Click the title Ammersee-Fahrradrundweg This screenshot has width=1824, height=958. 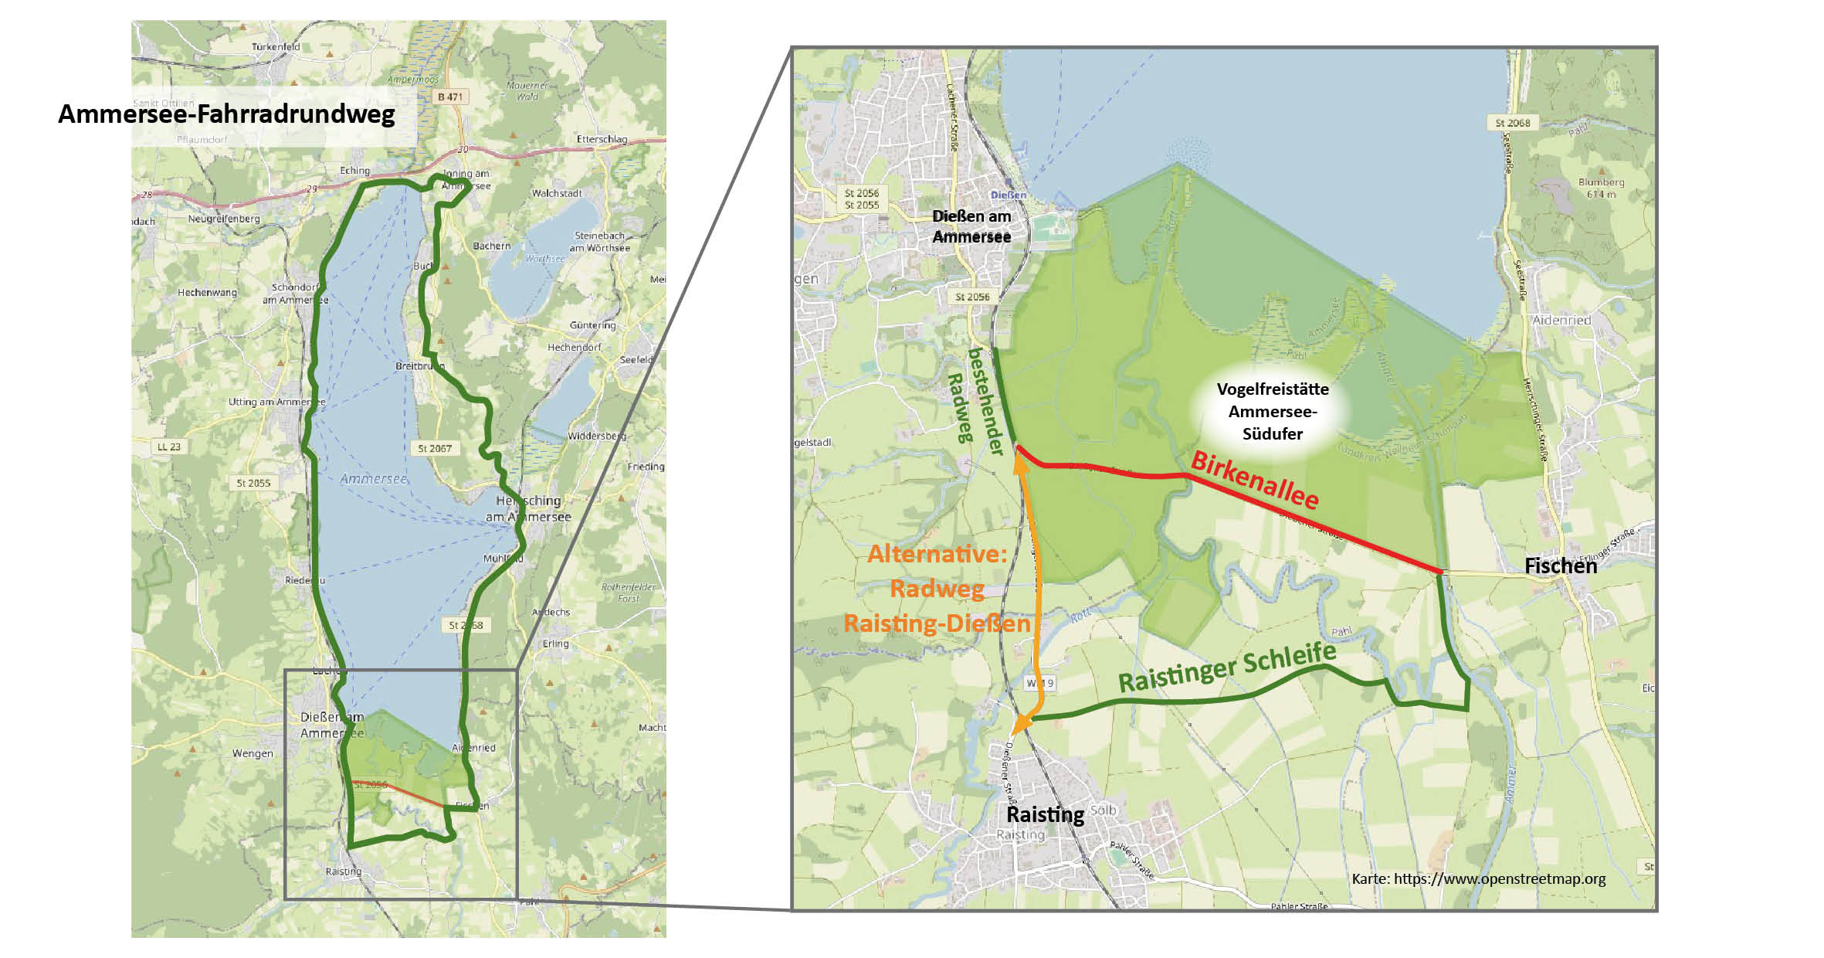(226, 114)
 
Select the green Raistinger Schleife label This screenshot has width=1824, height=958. (1227, 668)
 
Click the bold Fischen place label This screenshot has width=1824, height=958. (1560, 566)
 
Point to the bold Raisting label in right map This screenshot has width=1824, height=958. (1045, 814)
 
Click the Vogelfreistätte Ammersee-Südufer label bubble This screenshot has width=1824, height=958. (1272, 411)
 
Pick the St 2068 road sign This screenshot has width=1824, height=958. (1512, 123)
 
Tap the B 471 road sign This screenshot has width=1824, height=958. (449, 97)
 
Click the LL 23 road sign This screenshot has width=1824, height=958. (168, 447)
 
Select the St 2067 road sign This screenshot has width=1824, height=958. (434, 448)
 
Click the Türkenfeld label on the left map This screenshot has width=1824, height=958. (276, 47)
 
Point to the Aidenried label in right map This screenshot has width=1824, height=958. (1561, 320)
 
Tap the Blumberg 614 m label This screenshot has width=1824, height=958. (1601, 188)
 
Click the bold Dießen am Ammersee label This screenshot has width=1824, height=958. (971, 226)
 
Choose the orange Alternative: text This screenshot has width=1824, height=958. (937, 554)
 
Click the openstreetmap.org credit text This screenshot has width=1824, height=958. (1478, 878)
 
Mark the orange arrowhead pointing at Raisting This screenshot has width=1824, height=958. (1020, 724)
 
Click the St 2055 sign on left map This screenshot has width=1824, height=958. (253, 483)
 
